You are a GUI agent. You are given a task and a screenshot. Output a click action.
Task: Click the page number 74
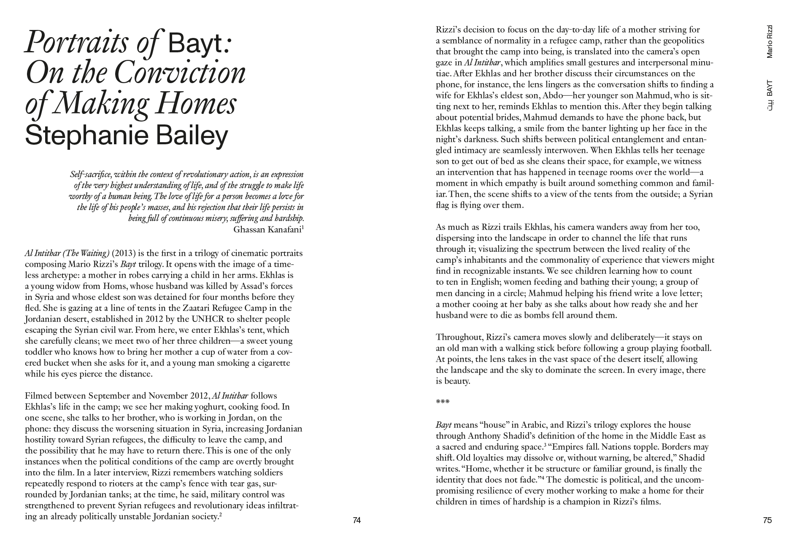tap(357, 520)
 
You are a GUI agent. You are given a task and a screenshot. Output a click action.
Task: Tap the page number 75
tap(767, 520)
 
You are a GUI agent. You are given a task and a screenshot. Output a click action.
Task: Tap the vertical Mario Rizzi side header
tap(770, 41)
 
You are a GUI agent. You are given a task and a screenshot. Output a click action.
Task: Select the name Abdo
tap(554, 95)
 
